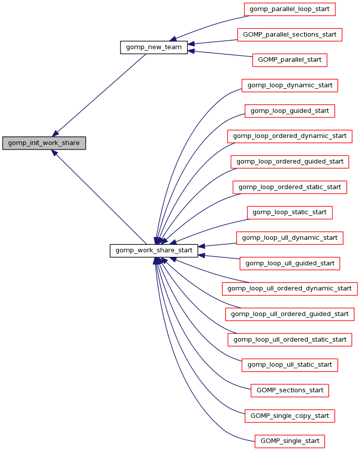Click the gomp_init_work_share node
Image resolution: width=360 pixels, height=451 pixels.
(x=44, y=143)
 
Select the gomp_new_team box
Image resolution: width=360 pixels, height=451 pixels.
(x=154, y=47)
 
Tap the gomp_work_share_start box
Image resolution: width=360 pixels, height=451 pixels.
(x=154, y=250)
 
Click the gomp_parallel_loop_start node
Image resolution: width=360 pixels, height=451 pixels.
(x=289, y=9)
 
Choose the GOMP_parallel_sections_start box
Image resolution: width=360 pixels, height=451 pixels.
(x=289, y=35)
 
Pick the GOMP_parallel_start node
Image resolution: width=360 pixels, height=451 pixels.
(x=289, y=60)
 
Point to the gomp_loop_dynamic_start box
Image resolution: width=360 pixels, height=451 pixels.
(x=289, y=85)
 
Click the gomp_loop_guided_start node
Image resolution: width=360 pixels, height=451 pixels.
(x=289, y=111)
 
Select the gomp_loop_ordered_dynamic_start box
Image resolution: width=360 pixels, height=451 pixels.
(x=289, y=136)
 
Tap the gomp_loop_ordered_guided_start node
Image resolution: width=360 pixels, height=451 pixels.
(x=289, y=162)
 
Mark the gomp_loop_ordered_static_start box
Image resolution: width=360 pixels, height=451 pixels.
(x=289, y=187)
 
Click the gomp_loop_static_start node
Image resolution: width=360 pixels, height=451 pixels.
(x=289, y=212)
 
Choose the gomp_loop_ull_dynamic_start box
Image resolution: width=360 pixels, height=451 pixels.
(x=289, y=238)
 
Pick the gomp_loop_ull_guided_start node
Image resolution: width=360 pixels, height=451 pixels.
(x=289, y=263)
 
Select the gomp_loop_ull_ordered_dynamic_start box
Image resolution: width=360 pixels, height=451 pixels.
(x=289, y=288)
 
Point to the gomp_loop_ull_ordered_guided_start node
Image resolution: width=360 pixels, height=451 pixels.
(x=289, y=314)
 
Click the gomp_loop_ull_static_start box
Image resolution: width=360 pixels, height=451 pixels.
(x=289, y=365)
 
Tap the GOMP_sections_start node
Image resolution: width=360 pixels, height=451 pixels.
(x=289, y=390)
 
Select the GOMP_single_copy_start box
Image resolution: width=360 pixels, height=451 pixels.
(x=289, y=416)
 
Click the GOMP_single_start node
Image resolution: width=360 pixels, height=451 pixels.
(x=289, y=441)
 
